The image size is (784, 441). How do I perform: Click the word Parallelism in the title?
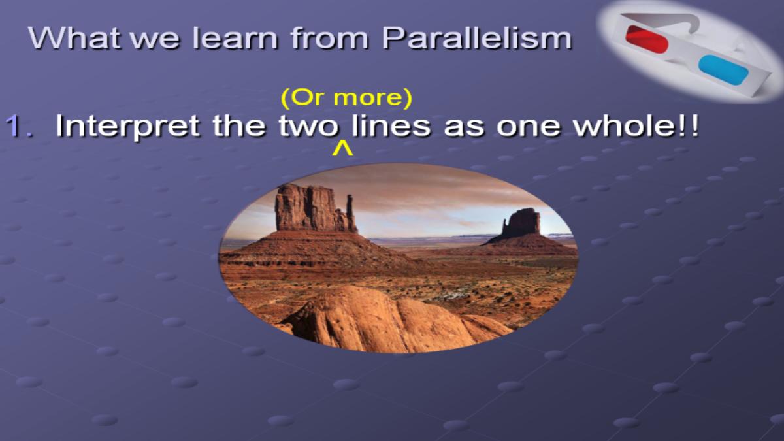click(477, 39)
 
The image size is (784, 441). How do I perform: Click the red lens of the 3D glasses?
click(647, 39)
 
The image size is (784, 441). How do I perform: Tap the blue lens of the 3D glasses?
click(723, 70)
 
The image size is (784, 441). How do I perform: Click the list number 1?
click(19, 125)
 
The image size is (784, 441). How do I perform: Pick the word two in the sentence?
click(308, 126)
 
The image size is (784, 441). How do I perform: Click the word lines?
click(391, 125)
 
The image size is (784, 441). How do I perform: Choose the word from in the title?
click(330, 38)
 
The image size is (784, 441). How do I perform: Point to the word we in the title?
click(157, 41)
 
